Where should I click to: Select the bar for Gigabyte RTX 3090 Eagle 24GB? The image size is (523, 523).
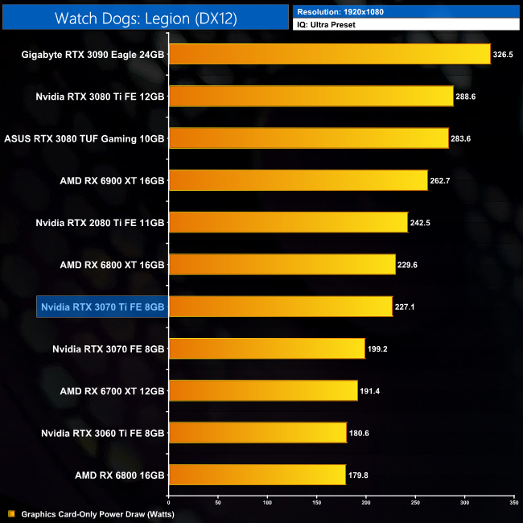[x=328, y=54]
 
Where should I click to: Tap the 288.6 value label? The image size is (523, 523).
[x=471, y=97]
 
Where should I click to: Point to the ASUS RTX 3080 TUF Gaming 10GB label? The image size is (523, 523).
[x=84, y=138]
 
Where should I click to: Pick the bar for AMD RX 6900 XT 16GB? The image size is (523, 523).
[x=297, y=180]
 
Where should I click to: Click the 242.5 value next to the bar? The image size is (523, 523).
[x=421, y=222]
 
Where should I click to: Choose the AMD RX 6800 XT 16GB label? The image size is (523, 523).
[x=112, y=264]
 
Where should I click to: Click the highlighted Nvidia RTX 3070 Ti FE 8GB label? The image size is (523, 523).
[x=101, y=307]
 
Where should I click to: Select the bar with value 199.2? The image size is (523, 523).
[x=266, y=348]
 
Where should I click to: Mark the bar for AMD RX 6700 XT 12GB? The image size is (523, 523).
[x=262, y=390]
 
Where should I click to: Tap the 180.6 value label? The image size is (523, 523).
[x=360, y=433]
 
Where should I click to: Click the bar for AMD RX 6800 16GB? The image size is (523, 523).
[x=257, y=475]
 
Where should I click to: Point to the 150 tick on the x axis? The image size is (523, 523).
[x=316, y=502]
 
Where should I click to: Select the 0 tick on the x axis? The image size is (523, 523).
[x=168, y=502]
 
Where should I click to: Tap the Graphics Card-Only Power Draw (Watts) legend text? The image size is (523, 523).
[x=97, y=514]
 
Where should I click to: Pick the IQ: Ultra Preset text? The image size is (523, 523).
[x=326, y=26]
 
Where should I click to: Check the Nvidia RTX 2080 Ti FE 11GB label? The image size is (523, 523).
[x=101, y=222]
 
